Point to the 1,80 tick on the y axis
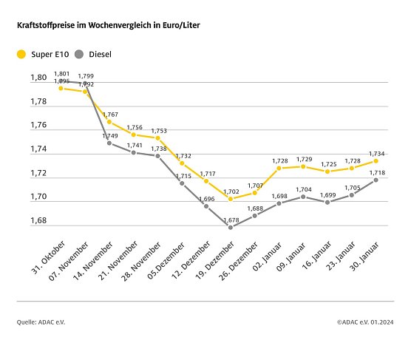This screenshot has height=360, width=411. tap(38, 77)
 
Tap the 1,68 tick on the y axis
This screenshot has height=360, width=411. tap(38, 221)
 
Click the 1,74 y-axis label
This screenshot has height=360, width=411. tap(38, 149)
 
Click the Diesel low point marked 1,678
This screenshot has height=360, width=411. tap(231, 227)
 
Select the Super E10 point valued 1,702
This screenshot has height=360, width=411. tap(231, 199)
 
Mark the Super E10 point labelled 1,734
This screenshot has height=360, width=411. tap(376, 160)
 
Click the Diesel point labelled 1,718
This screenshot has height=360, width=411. tap(376, 180)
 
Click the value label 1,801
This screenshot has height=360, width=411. tap(61, 73)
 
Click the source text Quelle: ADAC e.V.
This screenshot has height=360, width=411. tap(42, 322)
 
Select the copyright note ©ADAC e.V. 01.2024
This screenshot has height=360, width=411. tap(365, 322)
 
